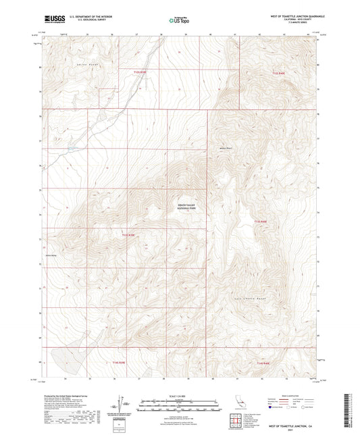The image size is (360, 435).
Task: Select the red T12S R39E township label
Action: (x=140, y=72)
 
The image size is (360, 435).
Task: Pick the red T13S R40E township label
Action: (x=261, y=221)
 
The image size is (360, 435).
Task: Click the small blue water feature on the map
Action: (x=70, y=150)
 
